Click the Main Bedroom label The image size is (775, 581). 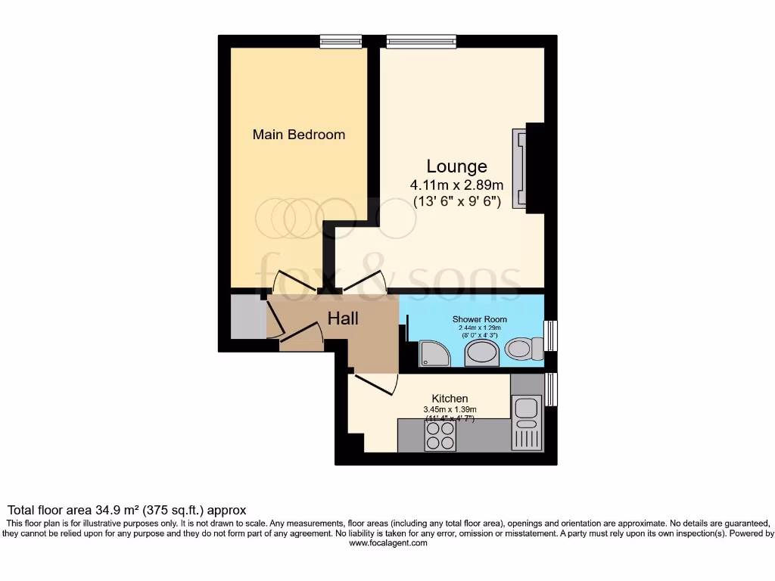click(298, 135)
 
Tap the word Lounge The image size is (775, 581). click(456, 166)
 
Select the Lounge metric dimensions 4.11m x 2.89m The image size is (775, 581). click(456, 185)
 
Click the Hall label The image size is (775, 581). click(343, 318)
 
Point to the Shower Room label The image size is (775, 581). click(480, 319)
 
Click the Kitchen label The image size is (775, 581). click(450, 399)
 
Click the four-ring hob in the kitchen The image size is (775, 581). click(440, 435)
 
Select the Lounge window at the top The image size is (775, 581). click(421, 42)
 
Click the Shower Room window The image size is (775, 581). click(551, 335)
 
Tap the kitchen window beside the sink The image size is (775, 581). click(551, 389)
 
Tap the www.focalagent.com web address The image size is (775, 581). click(388, 543)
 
